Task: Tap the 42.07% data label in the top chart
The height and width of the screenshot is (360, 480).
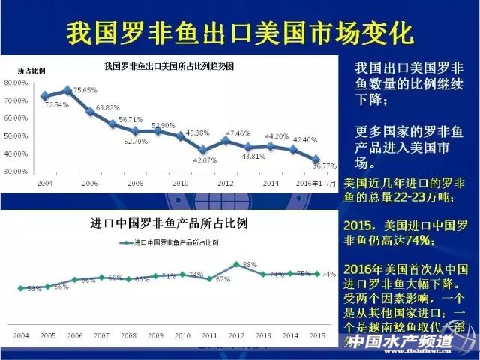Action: (203, 160)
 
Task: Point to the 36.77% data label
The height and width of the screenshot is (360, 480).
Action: (323, 165)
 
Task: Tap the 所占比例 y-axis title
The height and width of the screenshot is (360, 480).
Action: (31, 70)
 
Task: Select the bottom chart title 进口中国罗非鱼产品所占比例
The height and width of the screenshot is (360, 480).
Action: (169, 223)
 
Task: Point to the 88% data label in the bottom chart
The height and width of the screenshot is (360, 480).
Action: (250, 265)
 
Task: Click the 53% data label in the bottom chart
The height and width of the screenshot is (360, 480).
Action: (34, 289)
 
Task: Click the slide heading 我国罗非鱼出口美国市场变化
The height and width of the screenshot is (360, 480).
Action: (240, 32)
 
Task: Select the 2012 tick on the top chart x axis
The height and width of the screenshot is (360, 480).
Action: (226, 182)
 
